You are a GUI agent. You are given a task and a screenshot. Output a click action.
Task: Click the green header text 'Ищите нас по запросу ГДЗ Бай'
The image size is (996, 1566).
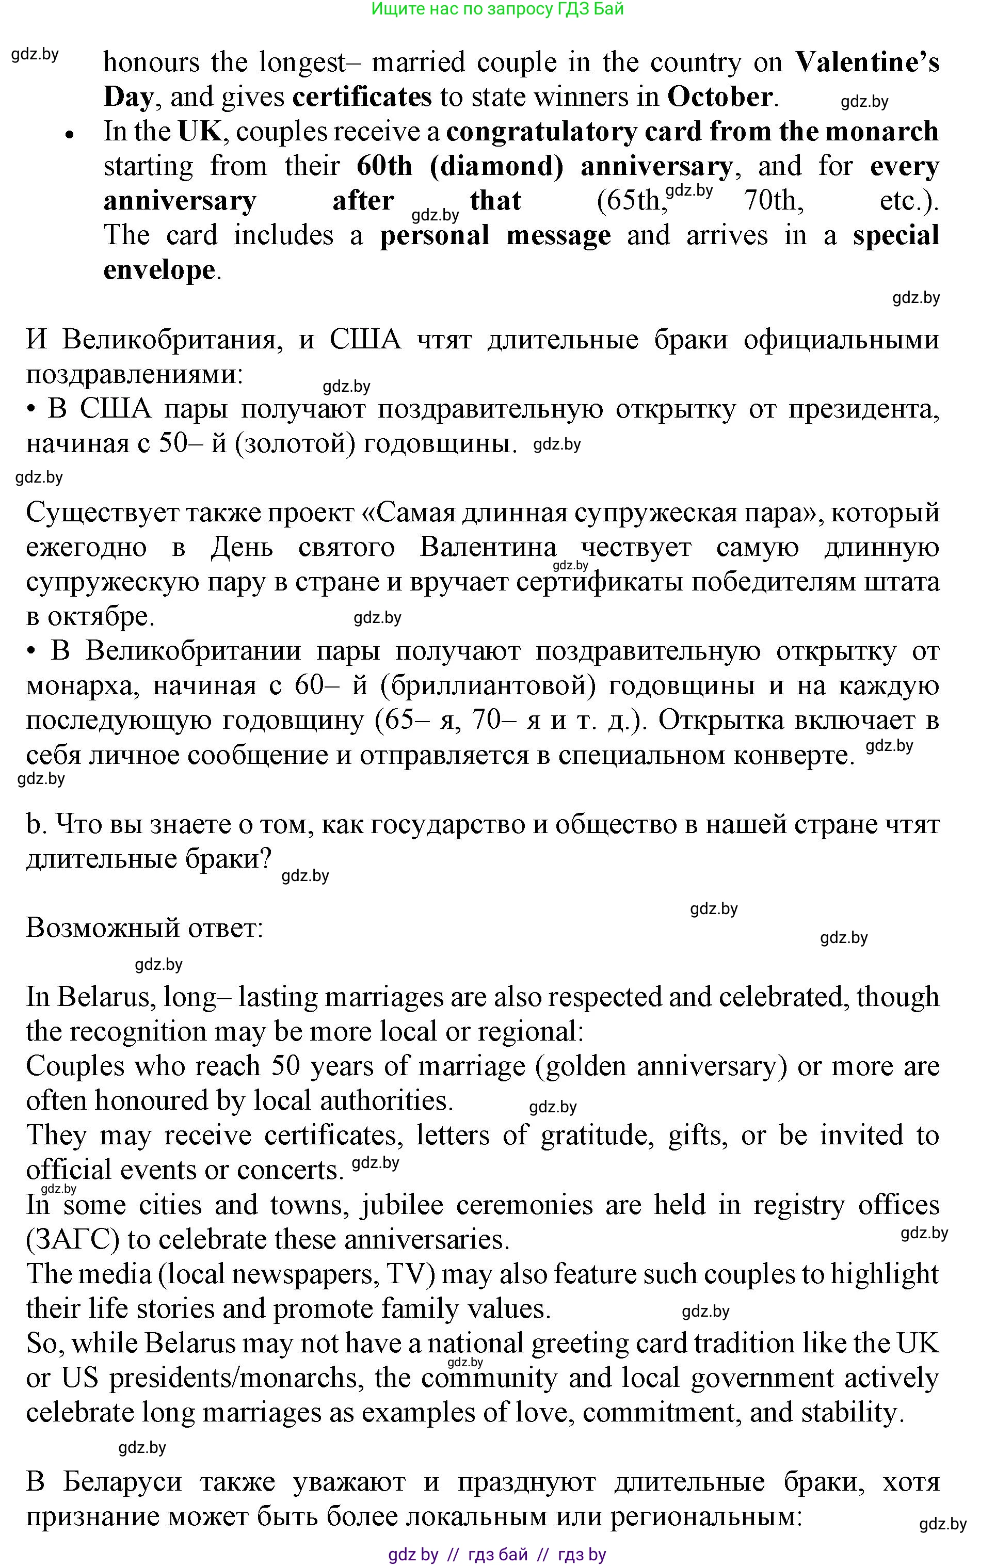[x=497, y=9]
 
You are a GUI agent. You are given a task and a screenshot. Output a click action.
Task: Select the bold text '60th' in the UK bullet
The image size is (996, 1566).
[x=384, y=167]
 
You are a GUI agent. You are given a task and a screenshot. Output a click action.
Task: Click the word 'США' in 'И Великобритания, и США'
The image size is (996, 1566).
[x=365, y=340]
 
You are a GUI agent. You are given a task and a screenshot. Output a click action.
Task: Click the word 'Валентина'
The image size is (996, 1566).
[x=488, y=548]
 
